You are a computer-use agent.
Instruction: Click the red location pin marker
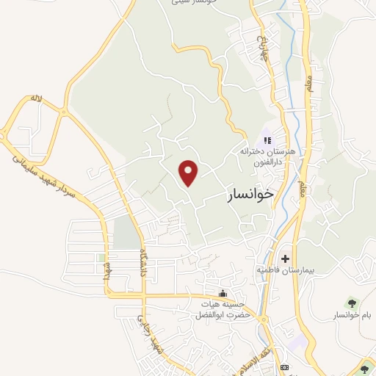pos(189,173)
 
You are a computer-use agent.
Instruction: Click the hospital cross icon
pos(285,258)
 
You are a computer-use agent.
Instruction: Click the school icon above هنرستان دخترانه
pos(267,140)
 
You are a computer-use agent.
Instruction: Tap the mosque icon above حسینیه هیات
pos(213,294)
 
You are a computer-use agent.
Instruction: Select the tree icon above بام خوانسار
pos(350,303)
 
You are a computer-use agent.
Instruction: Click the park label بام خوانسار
pos(352,315)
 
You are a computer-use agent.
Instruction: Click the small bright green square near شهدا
pos(100,257)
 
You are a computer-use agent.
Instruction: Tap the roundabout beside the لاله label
pos(63,112)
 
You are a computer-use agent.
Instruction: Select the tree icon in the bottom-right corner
pos(366,368)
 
